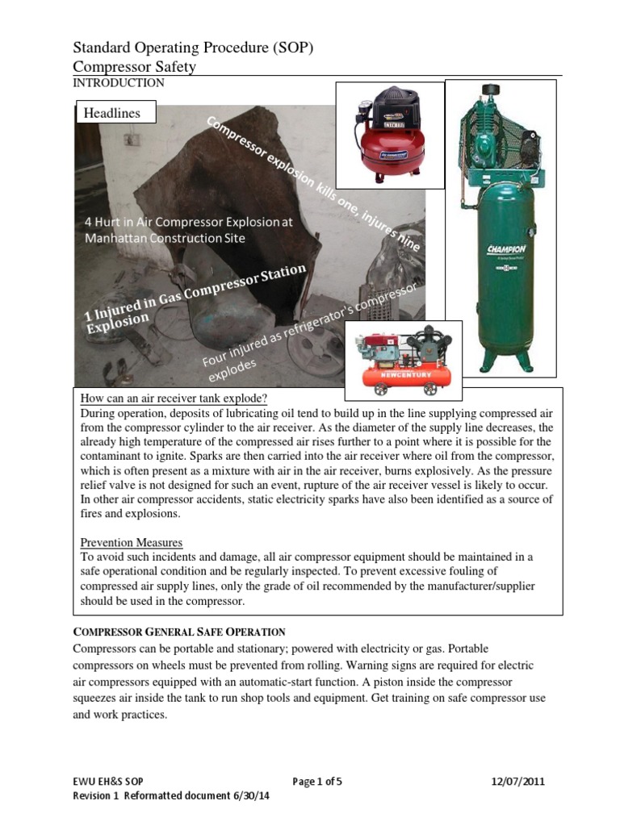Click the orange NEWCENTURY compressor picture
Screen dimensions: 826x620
[404, 359]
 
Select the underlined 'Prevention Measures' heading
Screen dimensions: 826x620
[132, 542]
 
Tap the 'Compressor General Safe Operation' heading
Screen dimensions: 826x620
[179, 631]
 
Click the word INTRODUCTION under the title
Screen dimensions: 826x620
[119, 83]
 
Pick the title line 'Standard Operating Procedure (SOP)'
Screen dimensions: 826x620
[193, 49]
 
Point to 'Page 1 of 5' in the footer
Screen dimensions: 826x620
[317, 781]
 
